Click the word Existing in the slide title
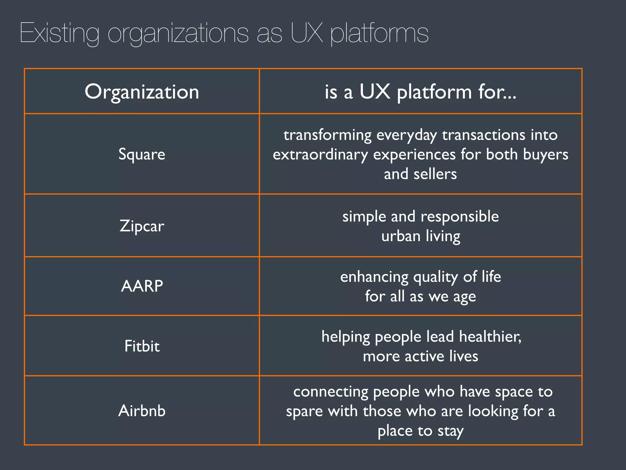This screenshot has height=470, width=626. click(x=60, y=33)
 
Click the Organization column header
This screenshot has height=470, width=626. click(x=142, y=91)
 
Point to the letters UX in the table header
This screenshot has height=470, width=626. click(x=375, y=91)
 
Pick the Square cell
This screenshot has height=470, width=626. click(x=142, y=154)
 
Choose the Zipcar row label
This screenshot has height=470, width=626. click(x=142, y=226)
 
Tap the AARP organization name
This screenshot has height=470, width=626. click(x=142, y=286)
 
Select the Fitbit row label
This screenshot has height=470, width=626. click(x=142, y=346)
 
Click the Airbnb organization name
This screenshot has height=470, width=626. click(x=142, y=410)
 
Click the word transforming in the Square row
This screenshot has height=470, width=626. click(x=327, y=135)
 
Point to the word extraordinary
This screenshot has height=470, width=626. click(x=320, y=155)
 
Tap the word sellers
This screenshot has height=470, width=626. click(x=435, y=174)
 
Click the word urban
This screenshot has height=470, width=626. click(x=401, y=236)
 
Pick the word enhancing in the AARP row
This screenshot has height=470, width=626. click(x=374, y=277)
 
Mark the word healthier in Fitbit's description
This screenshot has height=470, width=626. click(x=490, y=337)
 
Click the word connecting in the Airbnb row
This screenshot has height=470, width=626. click(x=330, y=392)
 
